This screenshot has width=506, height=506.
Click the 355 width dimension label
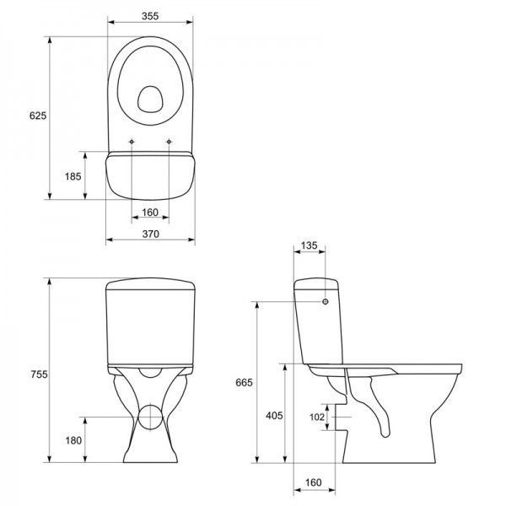click(150, 16)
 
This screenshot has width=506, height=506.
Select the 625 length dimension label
click(38, 116)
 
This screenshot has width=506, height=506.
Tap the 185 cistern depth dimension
click(73, 176)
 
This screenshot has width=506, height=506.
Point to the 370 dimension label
click(151, 234)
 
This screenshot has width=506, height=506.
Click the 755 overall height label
click(39, 374)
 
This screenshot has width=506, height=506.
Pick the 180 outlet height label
click(73, 440)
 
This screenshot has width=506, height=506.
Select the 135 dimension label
click(310, 245)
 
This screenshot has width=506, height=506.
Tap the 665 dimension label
click(244, 382)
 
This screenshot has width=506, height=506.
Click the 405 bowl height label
click(274, 416)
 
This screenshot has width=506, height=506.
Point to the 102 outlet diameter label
click(317, 417)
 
